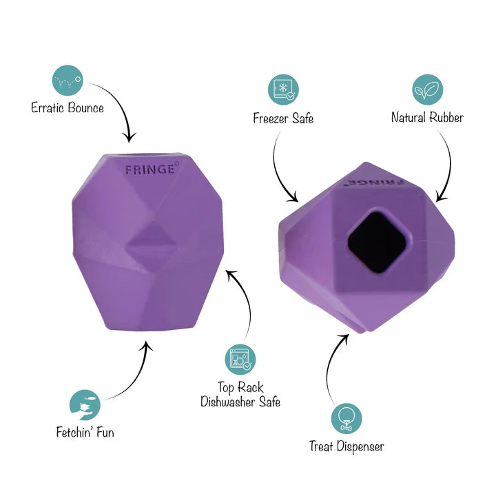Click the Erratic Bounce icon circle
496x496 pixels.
68,81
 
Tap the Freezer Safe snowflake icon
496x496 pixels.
283,90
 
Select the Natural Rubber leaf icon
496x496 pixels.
427,90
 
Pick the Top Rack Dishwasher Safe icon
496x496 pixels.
240,360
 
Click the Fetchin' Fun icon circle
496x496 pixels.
85,405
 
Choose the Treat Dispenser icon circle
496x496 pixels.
347,419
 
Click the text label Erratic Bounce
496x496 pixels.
68,108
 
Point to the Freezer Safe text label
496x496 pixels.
283,118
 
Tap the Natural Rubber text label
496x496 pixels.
427,117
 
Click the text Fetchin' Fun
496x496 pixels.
85,432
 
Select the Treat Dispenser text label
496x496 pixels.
347,446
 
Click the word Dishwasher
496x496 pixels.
228,402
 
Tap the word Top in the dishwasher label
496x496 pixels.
225,388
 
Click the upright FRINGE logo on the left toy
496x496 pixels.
150,170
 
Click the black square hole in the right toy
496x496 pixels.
379,242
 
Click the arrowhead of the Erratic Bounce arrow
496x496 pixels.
129,138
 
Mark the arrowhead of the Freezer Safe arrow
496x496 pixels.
293,197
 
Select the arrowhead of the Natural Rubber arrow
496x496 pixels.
442,197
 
